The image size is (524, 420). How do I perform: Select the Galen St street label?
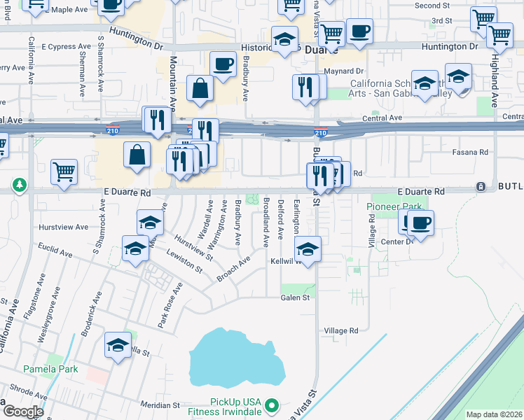pyautogui.click(x=295, y=297)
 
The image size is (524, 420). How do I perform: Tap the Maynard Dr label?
pyautogui.click(x=343, y=71)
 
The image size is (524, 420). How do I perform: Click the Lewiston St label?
pyautogui.click(x=183, y=260)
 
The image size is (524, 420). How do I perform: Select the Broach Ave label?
pyautogui.click(x=233, y=269)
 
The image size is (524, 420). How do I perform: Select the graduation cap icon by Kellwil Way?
pyautogui.click(x=307, y=248)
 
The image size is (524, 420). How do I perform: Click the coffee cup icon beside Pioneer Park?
pyautogui.click(x=420, y=223)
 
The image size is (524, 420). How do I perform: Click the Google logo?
pyautogui.click(x=24, y=412)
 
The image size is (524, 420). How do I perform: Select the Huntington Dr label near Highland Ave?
pyautogui.click(x=449, y=46)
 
